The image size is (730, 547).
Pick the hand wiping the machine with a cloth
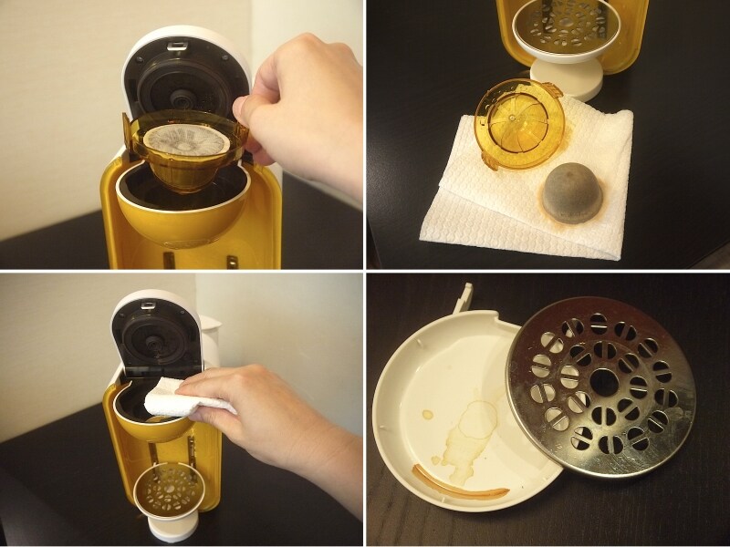tap(274, 419)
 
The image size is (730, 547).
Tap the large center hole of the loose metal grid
tap(603, 384)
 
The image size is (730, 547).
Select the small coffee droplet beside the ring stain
tap(428, 416)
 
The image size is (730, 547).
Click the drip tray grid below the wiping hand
tap(170, 489)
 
